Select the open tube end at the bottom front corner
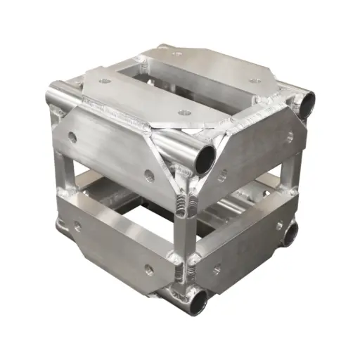point(198,301)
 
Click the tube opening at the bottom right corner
point(291,233)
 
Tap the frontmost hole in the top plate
point(184,112)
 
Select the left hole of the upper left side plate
point(72,137)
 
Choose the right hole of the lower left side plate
point(148,267)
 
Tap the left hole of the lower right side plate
point(217,268)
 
